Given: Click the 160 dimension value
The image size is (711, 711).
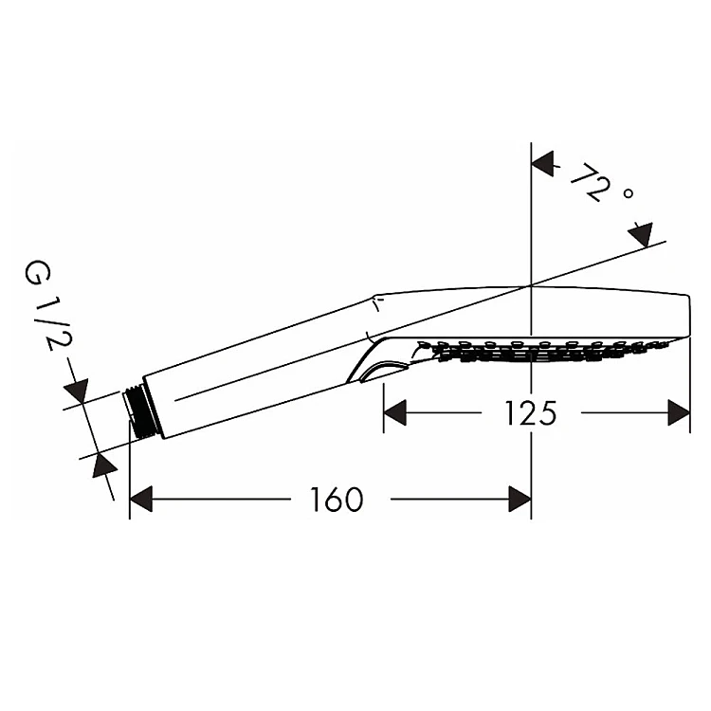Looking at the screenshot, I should (337, 499).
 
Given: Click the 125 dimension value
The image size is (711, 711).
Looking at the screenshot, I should (530, 413).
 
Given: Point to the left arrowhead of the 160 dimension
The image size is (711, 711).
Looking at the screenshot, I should (140, 499).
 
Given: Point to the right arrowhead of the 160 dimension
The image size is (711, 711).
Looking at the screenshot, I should (520, 499).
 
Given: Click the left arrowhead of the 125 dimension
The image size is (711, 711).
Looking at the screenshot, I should (394, 413).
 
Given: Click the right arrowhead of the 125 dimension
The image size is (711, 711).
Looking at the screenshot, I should (679, 413).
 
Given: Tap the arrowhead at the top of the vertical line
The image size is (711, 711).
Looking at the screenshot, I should (542, 164).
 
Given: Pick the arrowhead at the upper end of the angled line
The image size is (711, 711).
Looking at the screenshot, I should (642, 233).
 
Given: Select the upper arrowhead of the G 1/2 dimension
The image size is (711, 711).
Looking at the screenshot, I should (76, 391).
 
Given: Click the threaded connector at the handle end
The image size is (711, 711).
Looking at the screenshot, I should (141, 412).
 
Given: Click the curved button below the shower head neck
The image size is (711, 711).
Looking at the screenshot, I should (379, 370).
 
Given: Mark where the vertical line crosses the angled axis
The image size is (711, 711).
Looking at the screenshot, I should (531, 285).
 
